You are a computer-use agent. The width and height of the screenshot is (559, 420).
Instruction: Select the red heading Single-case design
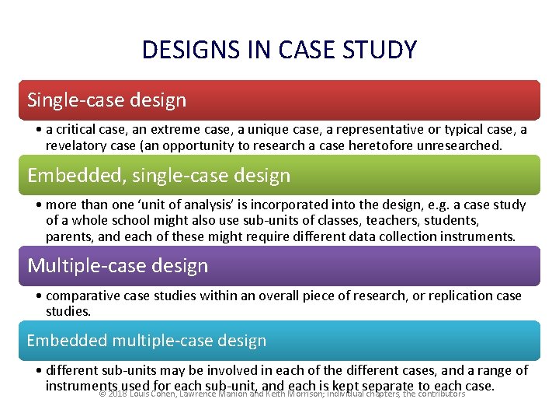(107, 100)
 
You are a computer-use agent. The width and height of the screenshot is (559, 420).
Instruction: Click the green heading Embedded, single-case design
(159, 176)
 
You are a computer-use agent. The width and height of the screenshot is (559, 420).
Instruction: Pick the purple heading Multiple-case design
(118, 266)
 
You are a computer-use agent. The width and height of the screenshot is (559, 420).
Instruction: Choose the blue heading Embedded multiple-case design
(147, 341)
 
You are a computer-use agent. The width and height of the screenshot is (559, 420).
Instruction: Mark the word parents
(68, 236)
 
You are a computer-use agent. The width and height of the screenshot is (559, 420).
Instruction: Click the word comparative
(82, 296)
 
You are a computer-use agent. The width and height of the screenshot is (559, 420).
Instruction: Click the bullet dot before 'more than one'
(39, 205)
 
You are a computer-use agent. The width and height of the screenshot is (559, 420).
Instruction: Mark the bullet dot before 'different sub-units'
(39, 371)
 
